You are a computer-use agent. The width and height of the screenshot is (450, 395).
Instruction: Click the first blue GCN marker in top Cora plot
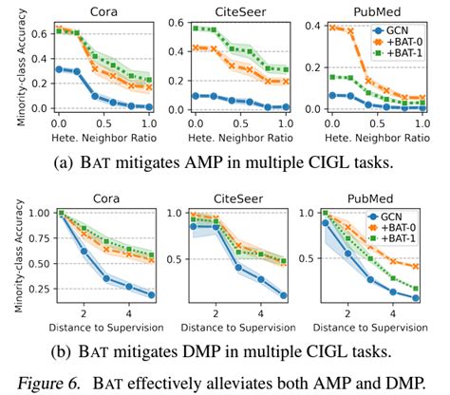tap(60, 68)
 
